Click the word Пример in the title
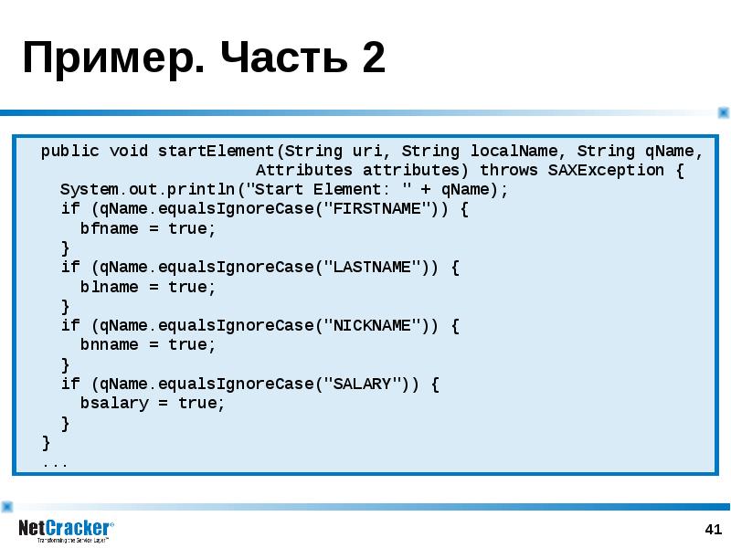click(x=113, y=58)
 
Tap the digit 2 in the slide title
click(x=373, y=57)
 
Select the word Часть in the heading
click(x=284, y=57)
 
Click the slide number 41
click(x=714, y=530)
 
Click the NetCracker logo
click(x=66, y=531)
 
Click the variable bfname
click(x=109, y=228)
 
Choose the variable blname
click(x=109, y=287)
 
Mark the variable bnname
click(x=109, y=345)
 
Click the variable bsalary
click(x=114, y=403)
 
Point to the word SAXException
click(x=606, y=170)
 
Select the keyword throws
click(x=509, y=170)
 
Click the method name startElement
click(x=216, y=151)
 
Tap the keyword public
click(x=70, y=152)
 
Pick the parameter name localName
click(x=514, y=151)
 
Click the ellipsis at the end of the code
click(x=56, y=464)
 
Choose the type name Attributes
click(x=304, y=170)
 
